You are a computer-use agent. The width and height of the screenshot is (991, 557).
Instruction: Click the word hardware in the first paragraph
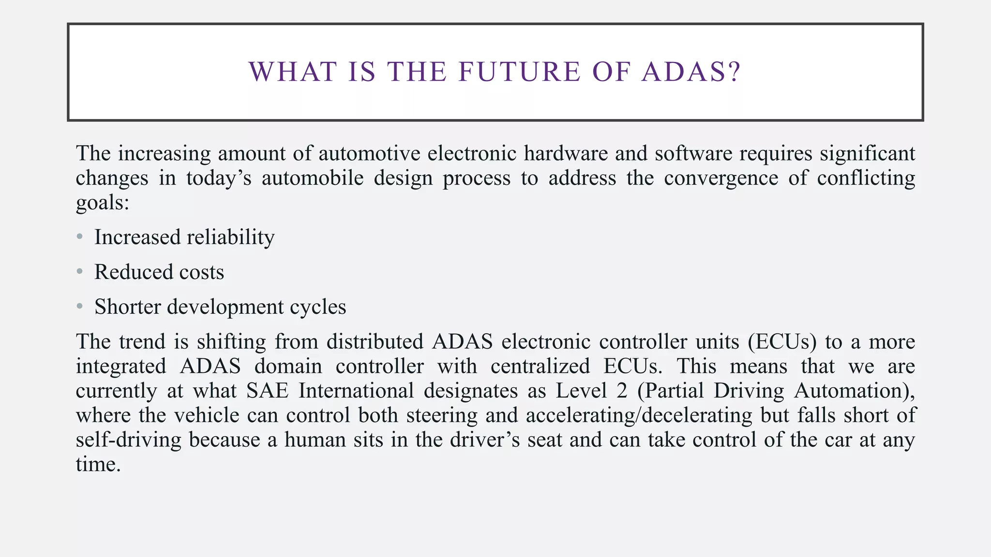(x=566, y=153)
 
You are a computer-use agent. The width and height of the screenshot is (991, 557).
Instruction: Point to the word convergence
(x=721, y=178)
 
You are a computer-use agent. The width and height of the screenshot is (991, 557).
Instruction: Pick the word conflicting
(x=866, y=178)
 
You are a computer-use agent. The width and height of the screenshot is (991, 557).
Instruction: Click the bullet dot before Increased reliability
(x=80, y=237)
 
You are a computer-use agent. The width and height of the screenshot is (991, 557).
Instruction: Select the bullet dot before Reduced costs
(x=80, y=272)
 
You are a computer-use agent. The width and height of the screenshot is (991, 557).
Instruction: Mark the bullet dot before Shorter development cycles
(x=80, y=307)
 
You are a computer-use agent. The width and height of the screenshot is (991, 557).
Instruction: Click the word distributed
(x=375, y=342)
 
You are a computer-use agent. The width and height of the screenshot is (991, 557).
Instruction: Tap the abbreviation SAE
(x=267, y=391)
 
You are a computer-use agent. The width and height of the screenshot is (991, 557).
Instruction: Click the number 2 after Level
(x=622, y=391)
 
